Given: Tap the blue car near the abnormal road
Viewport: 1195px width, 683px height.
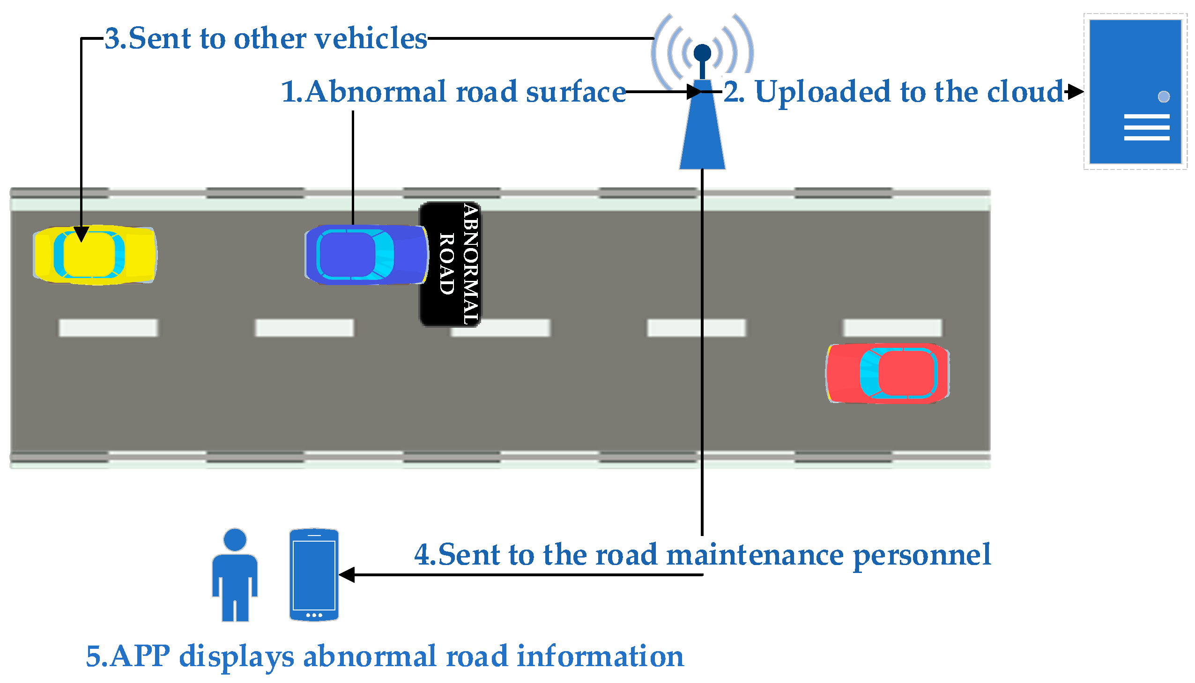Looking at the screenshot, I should pos(366,255).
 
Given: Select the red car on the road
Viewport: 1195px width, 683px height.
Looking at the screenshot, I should pos(887,374).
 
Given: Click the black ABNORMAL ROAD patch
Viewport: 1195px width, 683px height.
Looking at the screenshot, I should pos(451,264).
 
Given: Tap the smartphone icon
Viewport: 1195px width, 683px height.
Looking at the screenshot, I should pos(314,575).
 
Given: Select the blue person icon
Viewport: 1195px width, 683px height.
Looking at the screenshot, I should pos(235,575).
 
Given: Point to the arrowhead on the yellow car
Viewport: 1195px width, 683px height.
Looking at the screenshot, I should pos(81,234).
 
